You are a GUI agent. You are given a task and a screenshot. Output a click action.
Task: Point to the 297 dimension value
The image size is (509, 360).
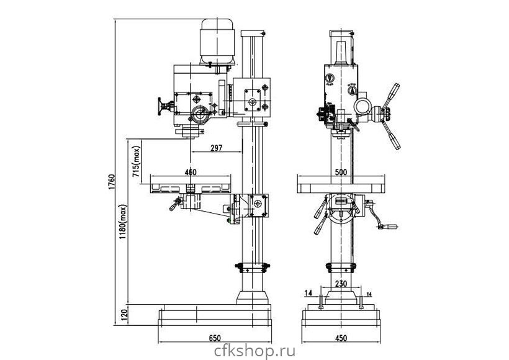216,148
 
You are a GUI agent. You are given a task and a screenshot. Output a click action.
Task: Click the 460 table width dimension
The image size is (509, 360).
191,171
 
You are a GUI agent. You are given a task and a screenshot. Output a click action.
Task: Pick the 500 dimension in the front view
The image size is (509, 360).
340,172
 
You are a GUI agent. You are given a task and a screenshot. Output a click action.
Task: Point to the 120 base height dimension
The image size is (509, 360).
124,315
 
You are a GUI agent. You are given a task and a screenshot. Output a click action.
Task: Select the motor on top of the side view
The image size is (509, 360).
217,40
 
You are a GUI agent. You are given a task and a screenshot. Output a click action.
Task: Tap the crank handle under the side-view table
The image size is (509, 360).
175,205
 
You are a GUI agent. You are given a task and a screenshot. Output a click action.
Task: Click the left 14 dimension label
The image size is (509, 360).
309,292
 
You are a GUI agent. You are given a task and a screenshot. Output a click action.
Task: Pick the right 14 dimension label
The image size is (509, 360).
370,293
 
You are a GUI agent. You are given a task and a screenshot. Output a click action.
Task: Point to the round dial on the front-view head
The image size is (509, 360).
329,78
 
